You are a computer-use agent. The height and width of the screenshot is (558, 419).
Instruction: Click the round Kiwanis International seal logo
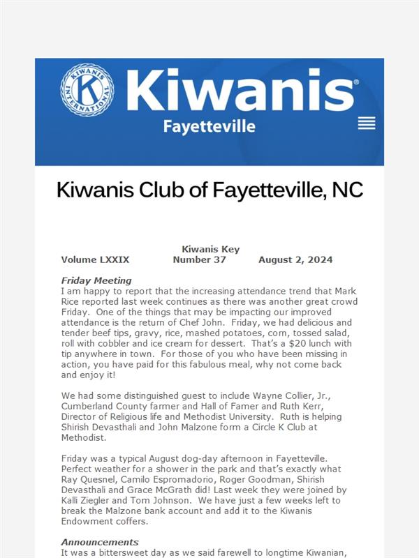pos(87,89)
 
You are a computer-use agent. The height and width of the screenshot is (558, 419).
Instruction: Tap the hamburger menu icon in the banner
pos(367,123)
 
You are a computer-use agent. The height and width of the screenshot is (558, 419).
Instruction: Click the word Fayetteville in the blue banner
pos(209,126)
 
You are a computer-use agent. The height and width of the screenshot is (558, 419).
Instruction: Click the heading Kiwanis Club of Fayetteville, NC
pos(209,190)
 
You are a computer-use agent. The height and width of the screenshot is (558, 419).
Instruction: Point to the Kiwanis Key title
pos(210,249)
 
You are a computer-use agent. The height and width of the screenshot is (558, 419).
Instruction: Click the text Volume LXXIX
pos(95,259)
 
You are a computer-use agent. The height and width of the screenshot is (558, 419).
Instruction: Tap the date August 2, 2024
pos(295,259)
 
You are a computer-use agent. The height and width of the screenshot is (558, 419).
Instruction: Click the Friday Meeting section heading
pos(96,280)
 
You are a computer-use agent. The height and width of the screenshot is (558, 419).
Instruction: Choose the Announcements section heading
pos(100,542)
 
